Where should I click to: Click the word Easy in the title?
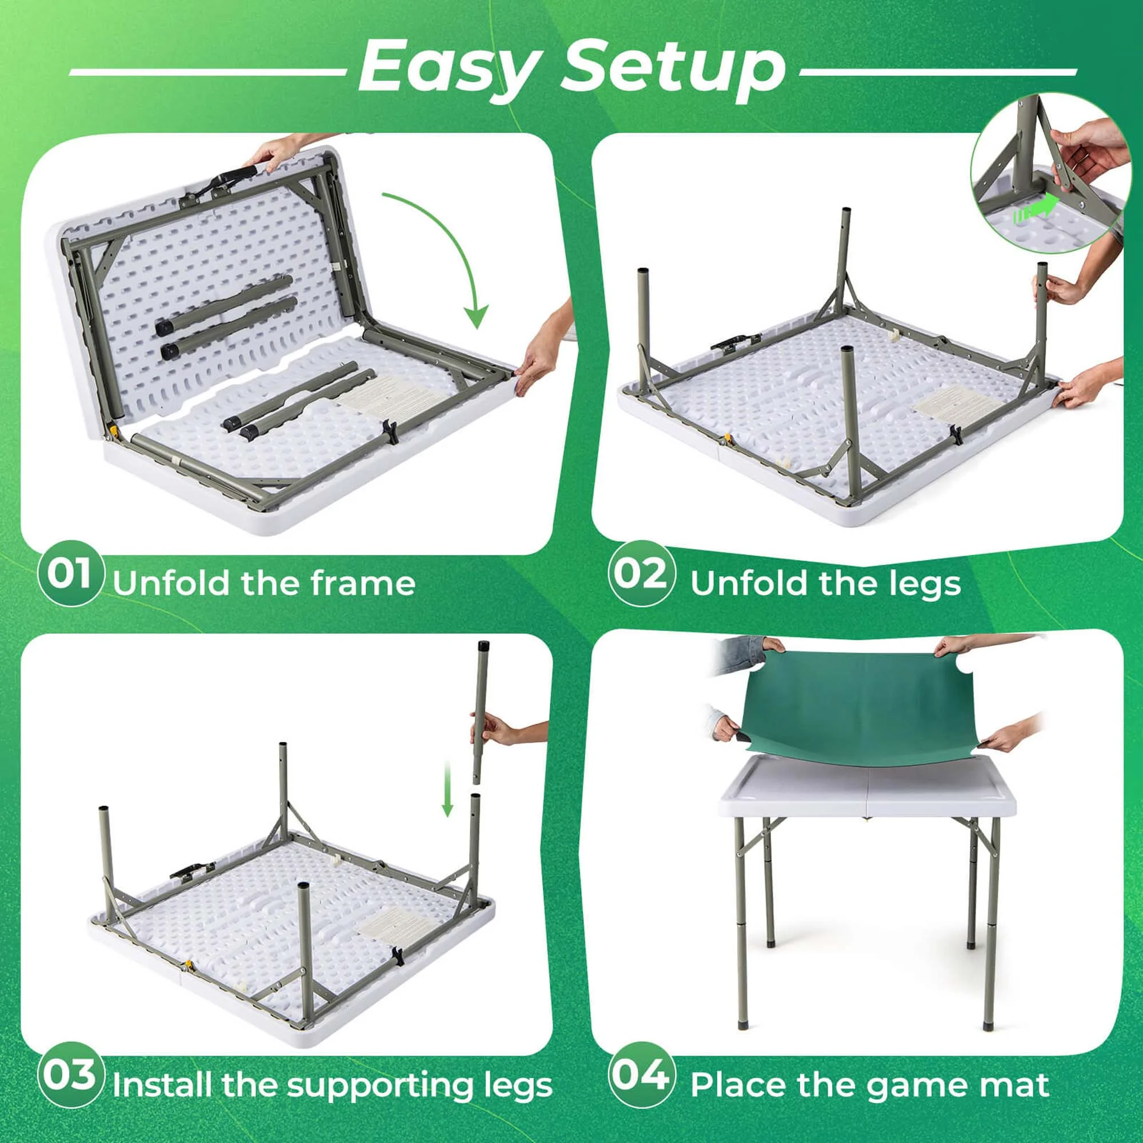(450, 69)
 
